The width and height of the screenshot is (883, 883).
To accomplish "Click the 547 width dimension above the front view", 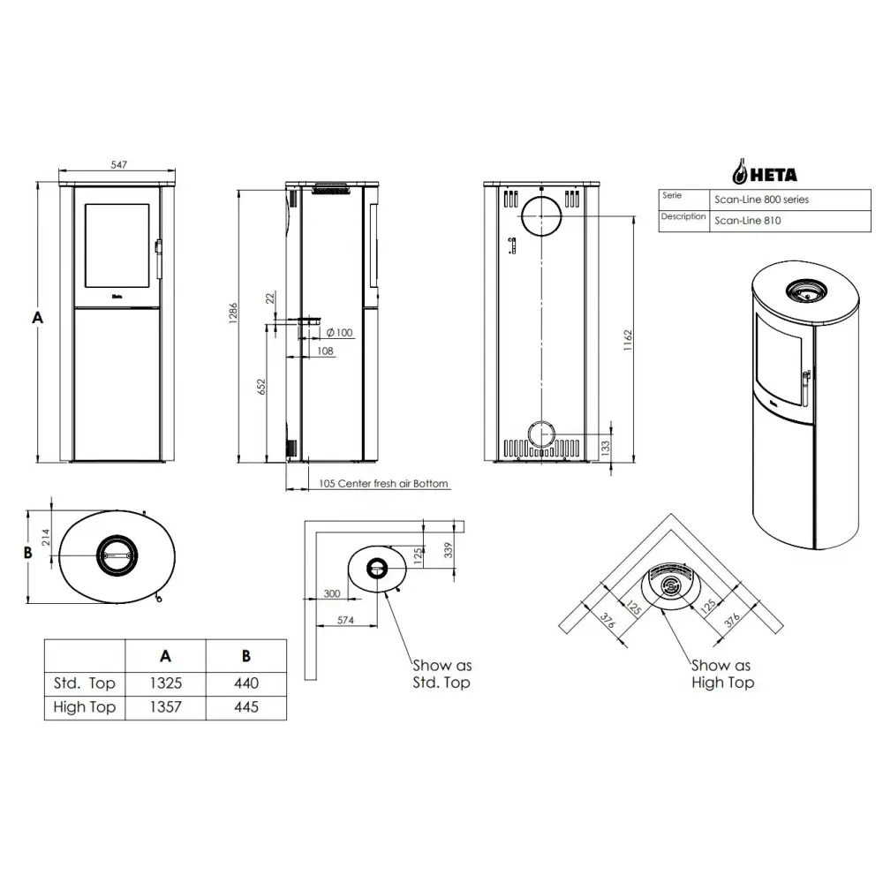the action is coord(119,164).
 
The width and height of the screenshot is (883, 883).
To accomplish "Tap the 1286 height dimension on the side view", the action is coord(233,313).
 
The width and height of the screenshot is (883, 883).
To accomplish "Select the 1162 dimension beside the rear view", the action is coord(628,340).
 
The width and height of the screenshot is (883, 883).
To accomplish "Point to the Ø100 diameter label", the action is coord(340,332).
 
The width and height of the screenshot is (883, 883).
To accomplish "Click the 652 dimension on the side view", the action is coord(260,387).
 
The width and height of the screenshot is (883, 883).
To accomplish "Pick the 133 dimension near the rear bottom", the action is coord(605,448).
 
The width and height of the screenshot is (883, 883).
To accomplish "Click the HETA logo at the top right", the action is coord(765,172).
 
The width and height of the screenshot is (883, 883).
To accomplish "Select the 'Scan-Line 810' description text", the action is coord(748,221).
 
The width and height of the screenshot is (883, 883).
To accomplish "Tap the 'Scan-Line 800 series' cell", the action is coord(761,200).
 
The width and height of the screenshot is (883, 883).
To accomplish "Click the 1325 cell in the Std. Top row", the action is coord(166,683).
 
